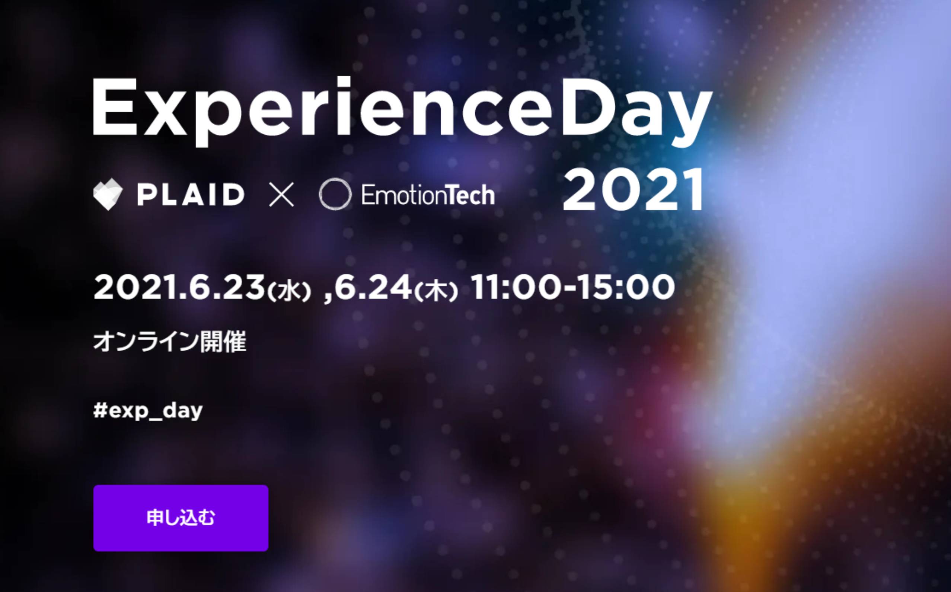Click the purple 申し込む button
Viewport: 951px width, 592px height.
tap(181, 518)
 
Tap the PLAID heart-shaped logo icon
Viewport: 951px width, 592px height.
tap(108, 194)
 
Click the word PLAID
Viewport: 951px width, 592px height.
tap(191, 195)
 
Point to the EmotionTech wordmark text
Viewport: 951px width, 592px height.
tap(428, 195)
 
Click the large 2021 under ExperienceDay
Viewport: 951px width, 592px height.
tap(633, 190)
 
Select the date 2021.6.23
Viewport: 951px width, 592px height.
tap(179, 287)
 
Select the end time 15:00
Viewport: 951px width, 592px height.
tap(626, 287)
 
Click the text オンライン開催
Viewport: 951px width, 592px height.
tap(170, 342)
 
